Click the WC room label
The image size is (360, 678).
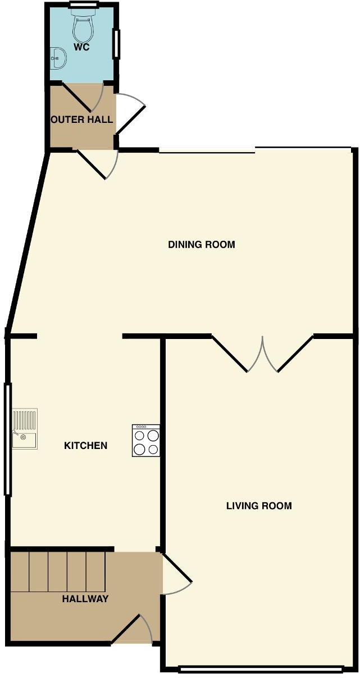(x=81, y=47)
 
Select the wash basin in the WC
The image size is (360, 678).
(x=58, y=56)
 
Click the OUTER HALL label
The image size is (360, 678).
(x=82, y=120)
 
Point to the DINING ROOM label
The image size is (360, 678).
(x=201, y=244)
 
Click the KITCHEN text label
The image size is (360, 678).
(x=85, y=446)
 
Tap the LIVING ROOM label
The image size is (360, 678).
(x=259, y=506)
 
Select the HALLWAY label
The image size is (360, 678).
(x=85, y=599)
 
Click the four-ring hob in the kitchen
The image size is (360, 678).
(x=146, y=441)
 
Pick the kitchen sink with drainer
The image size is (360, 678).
(x=24, y=429)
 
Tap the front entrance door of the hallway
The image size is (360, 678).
(x=133, y=630)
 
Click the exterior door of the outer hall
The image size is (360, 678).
(x=131, y=113)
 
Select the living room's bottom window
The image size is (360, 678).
(x=261, y=668)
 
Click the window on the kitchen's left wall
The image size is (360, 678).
(x=7, y=439)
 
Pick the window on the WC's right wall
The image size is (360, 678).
(x=116, y=43)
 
